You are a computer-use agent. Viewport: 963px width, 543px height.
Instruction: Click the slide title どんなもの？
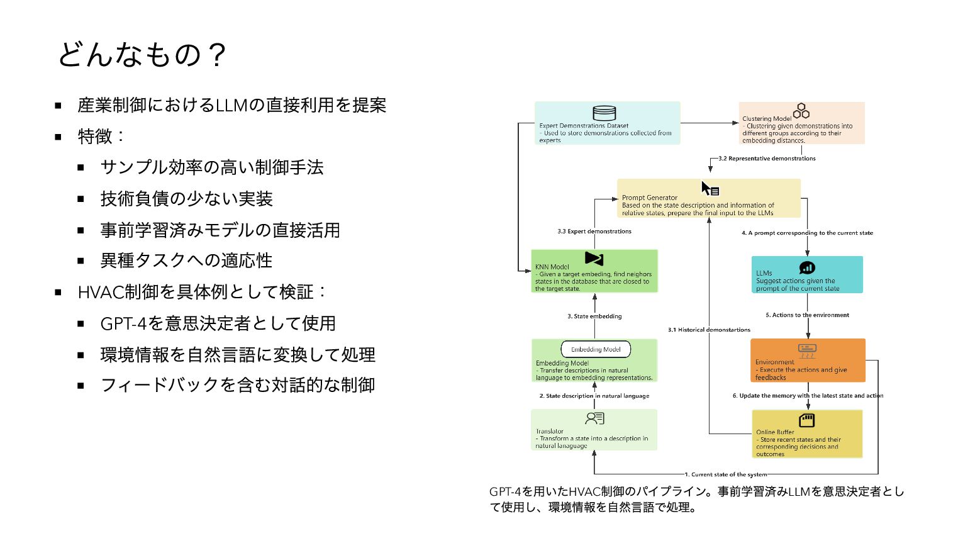click(x=142, y=55)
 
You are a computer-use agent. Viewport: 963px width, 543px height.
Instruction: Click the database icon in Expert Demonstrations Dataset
click(x=604, y=113)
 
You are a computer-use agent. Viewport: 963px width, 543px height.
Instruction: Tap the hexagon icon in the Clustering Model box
click(x=801, y=111)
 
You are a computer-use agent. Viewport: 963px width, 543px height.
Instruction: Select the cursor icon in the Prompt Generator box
click(x=710, y=189)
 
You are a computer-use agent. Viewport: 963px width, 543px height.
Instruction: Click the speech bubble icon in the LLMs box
click(x=807, y=268)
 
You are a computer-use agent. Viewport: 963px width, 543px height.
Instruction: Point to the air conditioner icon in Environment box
click(x=807, y=350)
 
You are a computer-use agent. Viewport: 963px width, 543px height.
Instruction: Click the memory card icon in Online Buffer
click(x=806, y=420)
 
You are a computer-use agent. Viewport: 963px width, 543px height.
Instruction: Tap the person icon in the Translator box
click(x=594, y=418)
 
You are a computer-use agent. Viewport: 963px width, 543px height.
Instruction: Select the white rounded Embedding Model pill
click(x=596, y=349)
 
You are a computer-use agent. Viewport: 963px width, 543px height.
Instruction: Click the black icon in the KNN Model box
click(x=594, y=258)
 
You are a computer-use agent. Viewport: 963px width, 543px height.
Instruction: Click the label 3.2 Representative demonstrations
click(x=767, y=159)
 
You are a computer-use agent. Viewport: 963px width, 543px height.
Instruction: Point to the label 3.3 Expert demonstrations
click(x=594, y=232)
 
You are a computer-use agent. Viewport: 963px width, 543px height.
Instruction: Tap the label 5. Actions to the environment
click(x=807, y=315)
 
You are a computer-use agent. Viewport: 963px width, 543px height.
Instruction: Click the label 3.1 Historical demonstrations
click(x=709, y=330)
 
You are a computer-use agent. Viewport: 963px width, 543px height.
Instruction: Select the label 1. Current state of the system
click(x=726, y=474)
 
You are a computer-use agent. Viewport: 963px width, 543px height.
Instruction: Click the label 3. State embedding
click(x=594, y=316)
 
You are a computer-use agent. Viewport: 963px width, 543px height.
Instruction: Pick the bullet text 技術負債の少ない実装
click(x=186, y=199)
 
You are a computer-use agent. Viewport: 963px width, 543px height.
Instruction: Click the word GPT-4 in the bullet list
click(x=123, y=323)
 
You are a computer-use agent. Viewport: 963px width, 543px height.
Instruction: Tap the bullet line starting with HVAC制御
click(x=201, y=292)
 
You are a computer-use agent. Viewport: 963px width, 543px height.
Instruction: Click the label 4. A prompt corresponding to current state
click(x=807, y=233)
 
